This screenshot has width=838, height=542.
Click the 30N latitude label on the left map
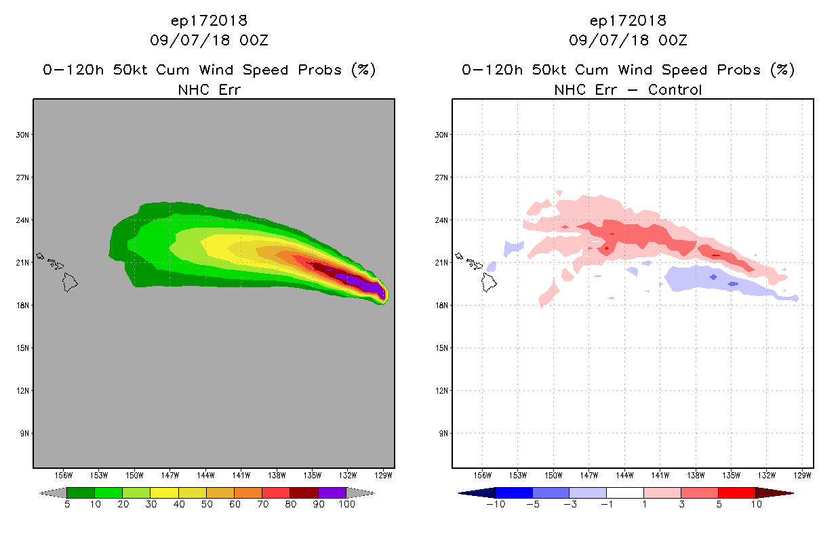coord(23,135)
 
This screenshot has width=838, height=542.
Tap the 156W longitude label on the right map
coord(482,476)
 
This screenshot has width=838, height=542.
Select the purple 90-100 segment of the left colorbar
coord(332,493)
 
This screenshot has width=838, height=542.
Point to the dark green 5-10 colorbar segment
coord(81,493)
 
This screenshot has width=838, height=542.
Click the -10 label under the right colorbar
coord(495,505)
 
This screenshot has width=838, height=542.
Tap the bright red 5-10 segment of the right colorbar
coord(736,493)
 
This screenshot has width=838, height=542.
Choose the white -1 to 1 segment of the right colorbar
coord(624,493)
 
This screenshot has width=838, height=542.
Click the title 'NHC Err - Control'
coord(628,89)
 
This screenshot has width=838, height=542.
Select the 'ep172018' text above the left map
coord(209,20)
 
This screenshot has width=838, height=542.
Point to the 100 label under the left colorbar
coord(347,505)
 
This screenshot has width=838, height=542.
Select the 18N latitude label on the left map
coord(23,306)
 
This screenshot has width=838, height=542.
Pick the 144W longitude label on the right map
coord(624,476)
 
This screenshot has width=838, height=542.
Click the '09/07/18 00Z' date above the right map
coord(628,41)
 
